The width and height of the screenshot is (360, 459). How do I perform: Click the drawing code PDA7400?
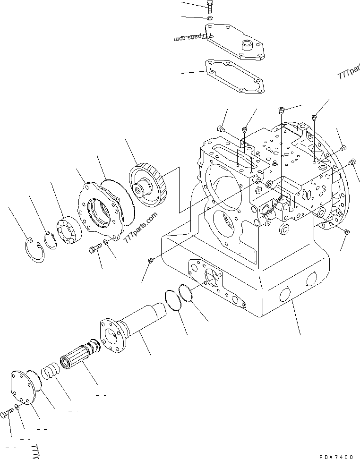[x=336, y=456]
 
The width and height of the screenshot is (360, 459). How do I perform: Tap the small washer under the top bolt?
[x=210, y=18]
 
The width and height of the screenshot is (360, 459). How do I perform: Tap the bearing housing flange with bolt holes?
[x=101, y=210]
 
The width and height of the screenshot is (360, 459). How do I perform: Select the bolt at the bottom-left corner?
[x=5, y=414]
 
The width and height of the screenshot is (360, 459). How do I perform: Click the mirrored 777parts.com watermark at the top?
[x=190, y=38]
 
